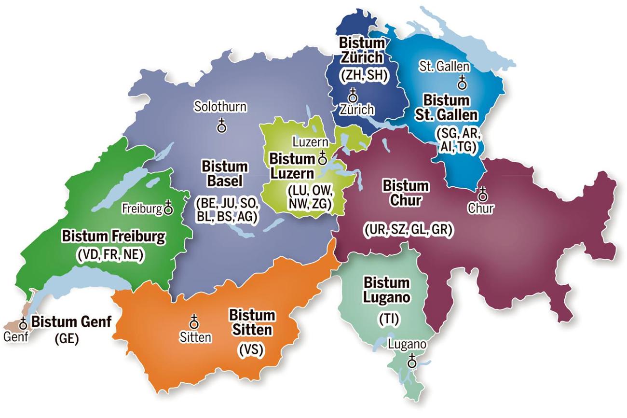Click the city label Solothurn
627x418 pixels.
[220, 107]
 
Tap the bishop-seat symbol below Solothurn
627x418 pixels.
[221, 126]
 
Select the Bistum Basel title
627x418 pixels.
[225, 174]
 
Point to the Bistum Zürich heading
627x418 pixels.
[361, 49]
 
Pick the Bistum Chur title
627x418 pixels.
[398, 193]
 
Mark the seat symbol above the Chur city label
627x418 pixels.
[481, 194]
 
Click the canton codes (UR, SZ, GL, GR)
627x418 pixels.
[408, 230]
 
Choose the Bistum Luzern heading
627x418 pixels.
[292, 166]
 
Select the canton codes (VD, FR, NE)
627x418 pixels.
[110, 255]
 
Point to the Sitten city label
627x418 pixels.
[194, 337]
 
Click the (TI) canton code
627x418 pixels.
[386, 319]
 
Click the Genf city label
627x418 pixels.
[15, 336]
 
